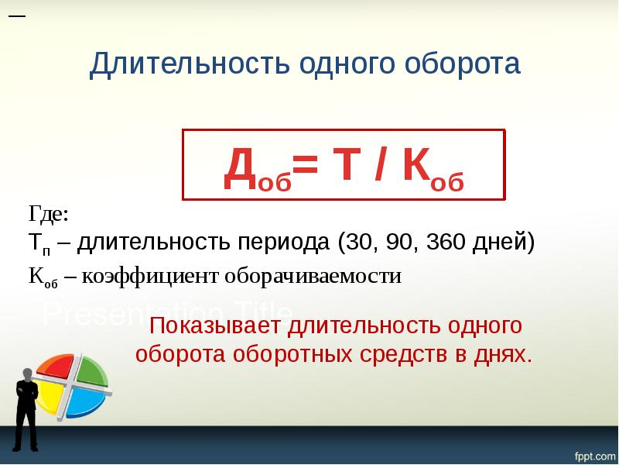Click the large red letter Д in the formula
237,170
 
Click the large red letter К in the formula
416,168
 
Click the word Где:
49,213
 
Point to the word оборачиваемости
313,277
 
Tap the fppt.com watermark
593,453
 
